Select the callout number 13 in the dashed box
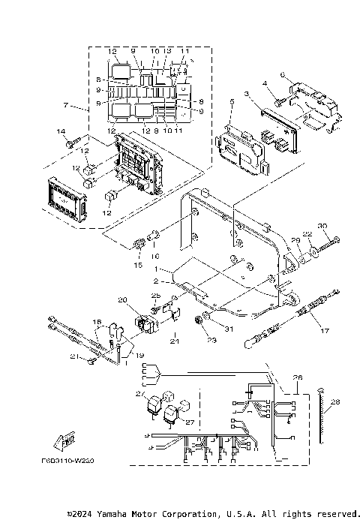click(169, 51)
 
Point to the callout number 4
click(264, 83)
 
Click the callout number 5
click(232, 101)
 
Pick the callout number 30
click(323, 226)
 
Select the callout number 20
click(122, 299)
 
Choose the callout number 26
click(297, 377)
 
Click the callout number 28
click(335, 402)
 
